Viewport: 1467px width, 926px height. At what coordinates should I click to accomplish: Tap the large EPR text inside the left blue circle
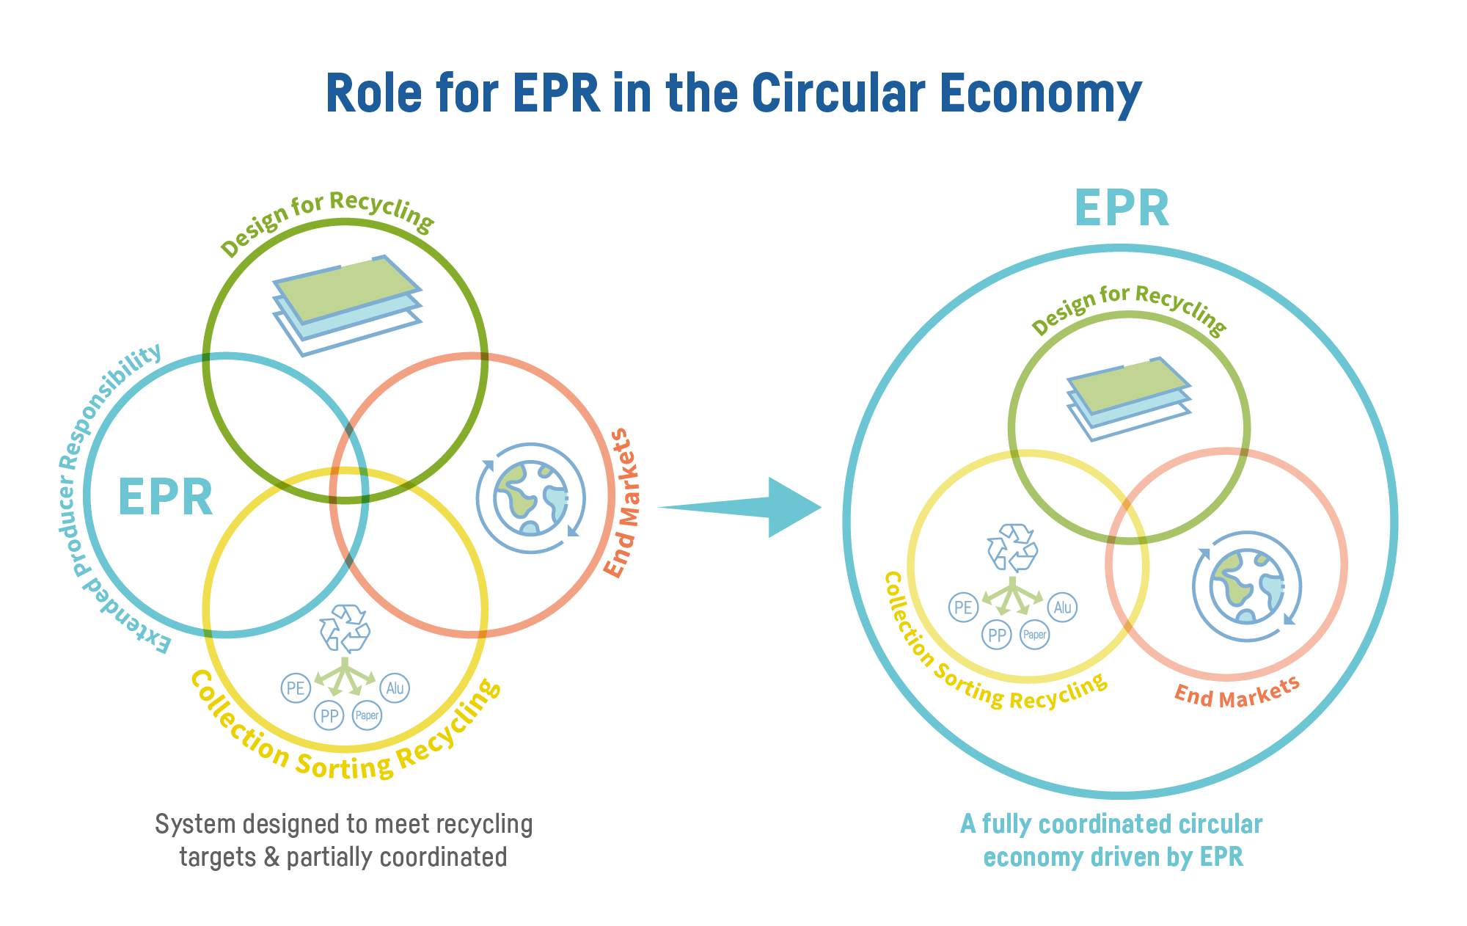tap(165, 497)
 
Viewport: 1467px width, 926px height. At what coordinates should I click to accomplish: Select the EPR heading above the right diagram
tap(1121, 208)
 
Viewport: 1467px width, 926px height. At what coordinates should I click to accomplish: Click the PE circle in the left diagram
tap(296, 688)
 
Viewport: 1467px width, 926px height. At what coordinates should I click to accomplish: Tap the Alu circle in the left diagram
tap(395, 688)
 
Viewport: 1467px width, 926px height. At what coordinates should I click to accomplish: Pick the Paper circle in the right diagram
tap(1035, 635)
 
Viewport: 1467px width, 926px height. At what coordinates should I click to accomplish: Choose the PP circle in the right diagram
tap(996, 635)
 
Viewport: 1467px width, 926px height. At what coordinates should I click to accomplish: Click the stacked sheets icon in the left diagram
tap(346, 305)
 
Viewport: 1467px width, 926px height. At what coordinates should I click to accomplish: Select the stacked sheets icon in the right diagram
tap(1127, 398)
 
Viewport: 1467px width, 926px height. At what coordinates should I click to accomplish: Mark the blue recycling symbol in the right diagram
tap(1012, 547)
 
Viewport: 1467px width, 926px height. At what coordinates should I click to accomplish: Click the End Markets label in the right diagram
tap(1237, 693)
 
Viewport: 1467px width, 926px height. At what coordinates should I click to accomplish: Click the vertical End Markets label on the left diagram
tap(622, 503)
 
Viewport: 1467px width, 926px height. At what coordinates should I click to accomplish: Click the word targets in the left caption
tap(217, 857)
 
